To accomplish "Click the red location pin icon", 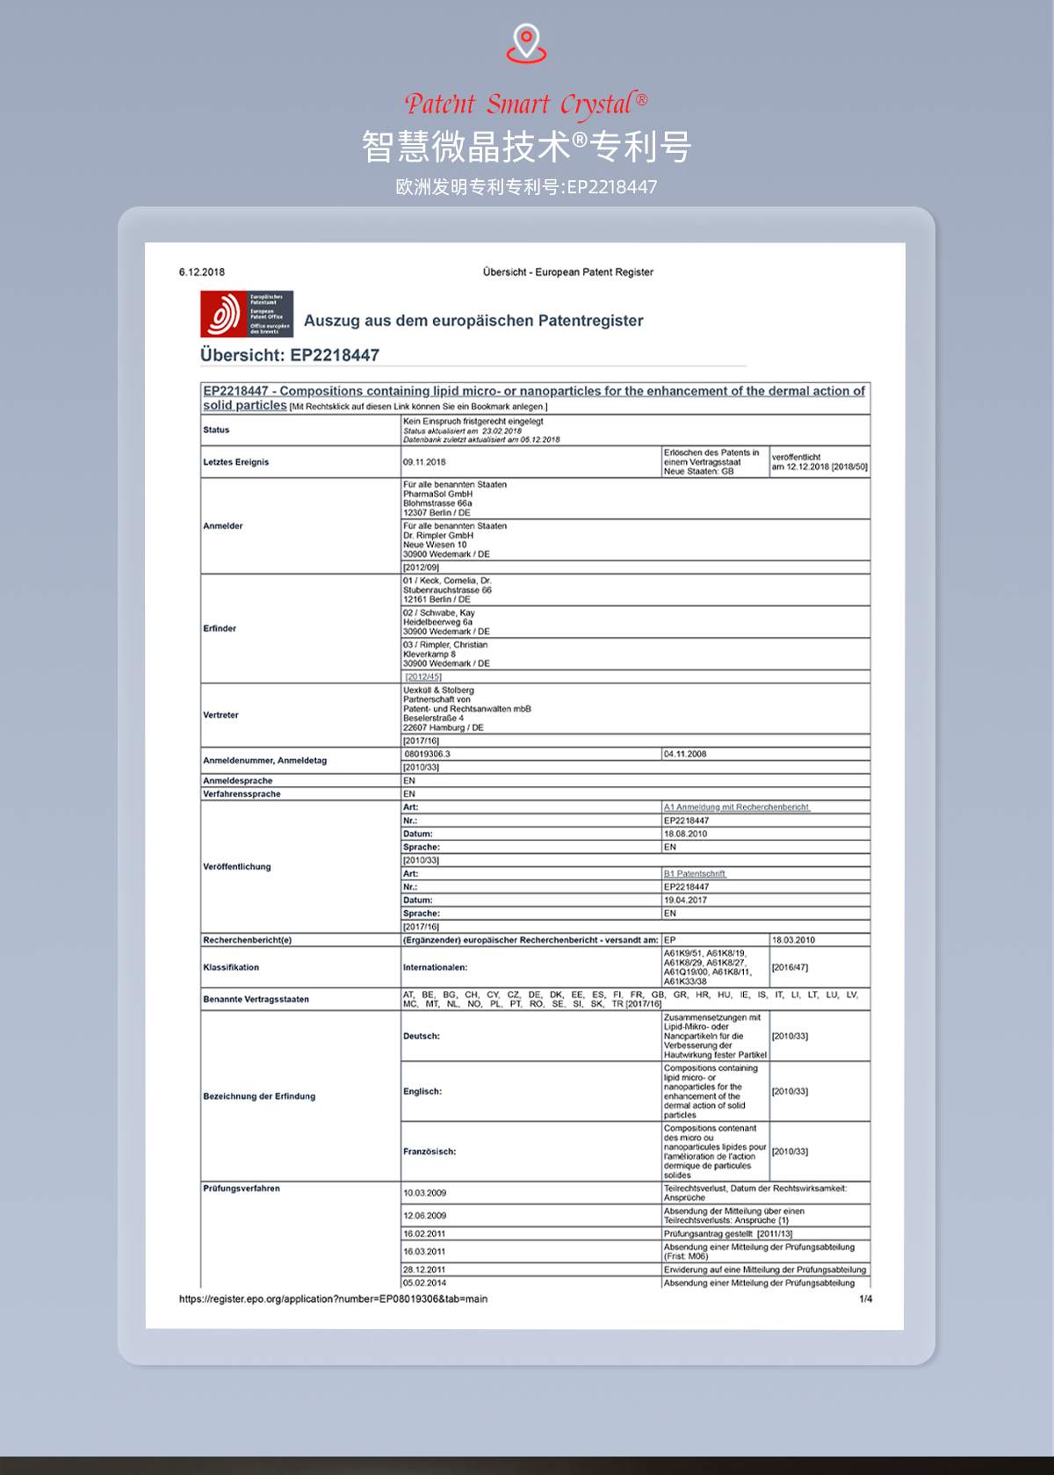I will pyautogui.click(x=526, y=43).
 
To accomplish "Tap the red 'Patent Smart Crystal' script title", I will pyautogui.click(x=526, y=105).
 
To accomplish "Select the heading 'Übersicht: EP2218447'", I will pyautogui.click(x=290, y=356).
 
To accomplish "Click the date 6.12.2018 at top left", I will pyautogui.click(x=202, y=272).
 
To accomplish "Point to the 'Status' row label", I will pyautogui.click(x=216, y=430).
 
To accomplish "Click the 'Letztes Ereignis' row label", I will pyautogui.click(x=236, y=462).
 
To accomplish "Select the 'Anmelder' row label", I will pyautogui.click(x=223, y=526).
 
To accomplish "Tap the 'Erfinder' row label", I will pyautogui.click(x=220, y=629).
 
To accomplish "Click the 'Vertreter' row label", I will pyautogui.click(x=220, y=715).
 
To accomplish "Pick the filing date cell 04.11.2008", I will pyautogui.click(x=685, y=755).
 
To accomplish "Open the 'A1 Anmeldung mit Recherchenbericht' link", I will pyautogui.click(x=736, y=807).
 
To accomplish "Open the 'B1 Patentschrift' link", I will pyautogui.click(x=695, y=874).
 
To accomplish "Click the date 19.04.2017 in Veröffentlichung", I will pyautogui.click(x=685, y=900).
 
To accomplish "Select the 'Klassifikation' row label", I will pyautogui.click(x=231, y=967).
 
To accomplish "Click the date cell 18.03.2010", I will pyautogui.click(x=793, y=940).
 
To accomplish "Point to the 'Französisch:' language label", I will pyautogui.click(x=430, y=1152).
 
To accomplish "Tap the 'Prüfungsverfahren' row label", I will pyautogui.click(x=242, y=1189).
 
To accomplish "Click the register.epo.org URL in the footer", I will pyautogui.click(x=333, y=1299).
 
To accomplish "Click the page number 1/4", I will pyautogui.click(x=865, y=1299).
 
